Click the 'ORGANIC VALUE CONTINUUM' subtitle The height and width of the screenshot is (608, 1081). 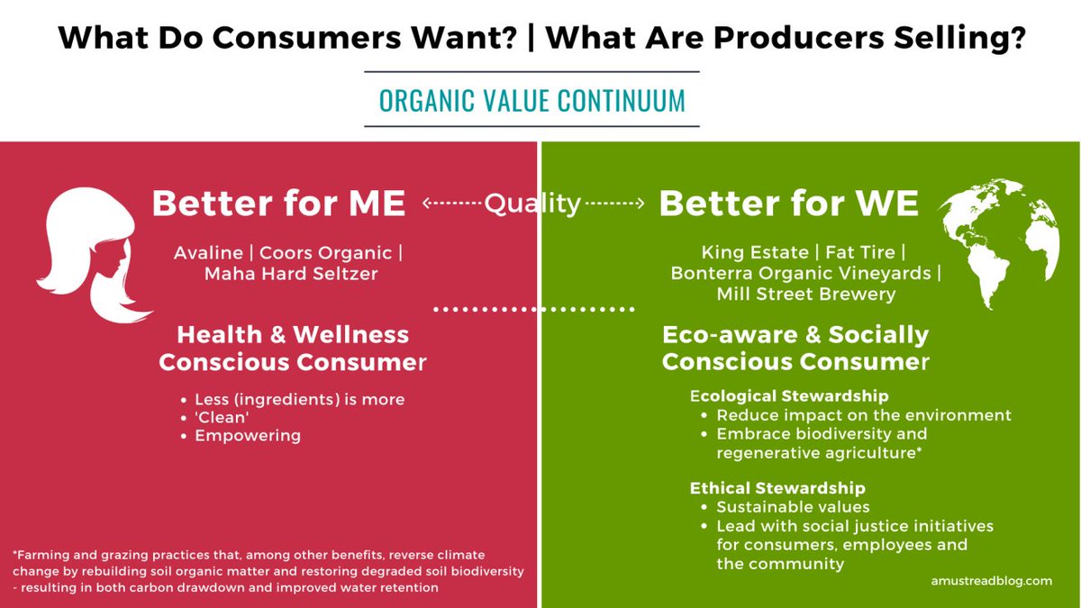coord(531,100)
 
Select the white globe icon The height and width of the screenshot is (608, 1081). coord(999,244)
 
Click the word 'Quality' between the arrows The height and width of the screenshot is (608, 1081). coord(532,204)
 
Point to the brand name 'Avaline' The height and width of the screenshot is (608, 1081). coord(208,253)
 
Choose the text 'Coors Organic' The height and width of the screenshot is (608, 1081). coord(326,253)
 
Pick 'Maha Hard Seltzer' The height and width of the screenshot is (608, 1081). coord(291,274)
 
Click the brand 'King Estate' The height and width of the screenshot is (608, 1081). coord(755,252)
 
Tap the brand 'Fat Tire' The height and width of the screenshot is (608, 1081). coord(860,252)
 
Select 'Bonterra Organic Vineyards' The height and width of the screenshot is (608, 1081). coord(801,273)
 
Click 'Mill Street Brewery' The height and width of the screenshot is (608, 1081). coord(806,294)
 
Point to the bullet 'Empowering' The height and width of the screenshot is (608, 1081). coord(248,436)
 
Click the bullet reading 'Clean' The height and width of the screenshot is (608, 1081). coord(222,417)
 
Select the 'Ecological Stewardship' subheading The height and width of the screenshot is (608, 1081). coord(789,396)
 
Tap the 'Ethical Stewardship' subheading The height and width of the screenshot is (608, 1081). coord(777,488)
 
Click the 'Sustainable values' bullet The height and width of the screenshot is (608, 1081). coord(793,507)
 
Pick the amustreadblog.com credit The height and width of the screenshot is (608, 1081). coord(992,581)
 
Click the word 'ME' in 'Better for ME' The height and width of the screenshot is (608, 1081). coord(377,204)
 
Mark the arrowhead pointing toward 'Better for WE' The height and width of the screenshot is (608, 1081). coord(640,204)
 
